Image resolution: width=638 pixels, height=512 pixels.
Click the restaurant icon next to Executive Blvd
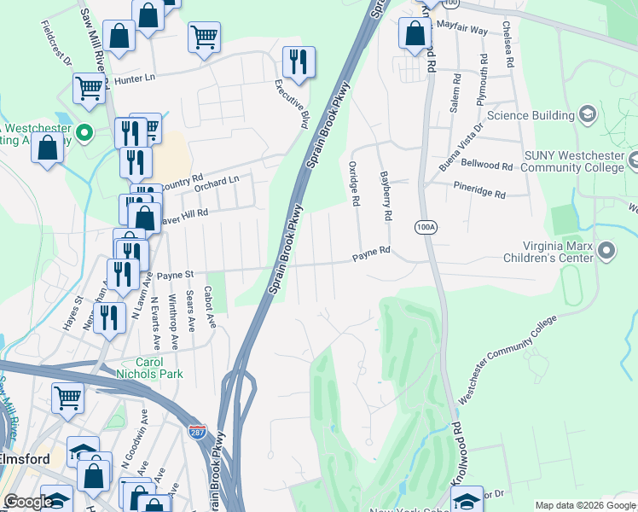pyautogui.click(x=299, y=61)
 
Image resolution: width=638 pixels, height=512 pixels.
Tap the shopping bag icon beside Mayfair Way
pyautogui.click(x=415, y=34)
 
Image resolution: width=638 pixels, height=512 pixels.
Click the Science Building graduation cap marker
pyautogui.click(x=587, y=114)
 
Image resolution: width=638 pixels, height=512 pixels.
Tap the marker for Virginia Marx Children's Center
pyautogui.click(x=606, y=250)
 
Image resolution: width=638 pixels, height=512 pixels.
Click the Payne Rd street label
pyautogui.click(x=372, y=252)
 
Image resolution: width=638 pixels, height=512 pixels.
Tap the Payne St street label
pyautogui.click(x=176, y=275)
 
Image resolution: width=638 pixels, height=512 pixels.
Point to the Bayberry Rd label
pyautogui.click(x=386, y=195)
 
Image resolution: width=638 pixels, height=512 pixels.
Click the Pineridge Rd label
pyautogui.click(x=479, y=189)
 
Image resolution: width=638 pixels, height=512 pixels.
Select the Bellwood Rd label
pyautogui.click(x=486, y=164)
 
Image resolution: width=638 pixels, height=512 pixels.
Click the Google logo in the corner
pyautogui.click(x=27, y=502)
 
